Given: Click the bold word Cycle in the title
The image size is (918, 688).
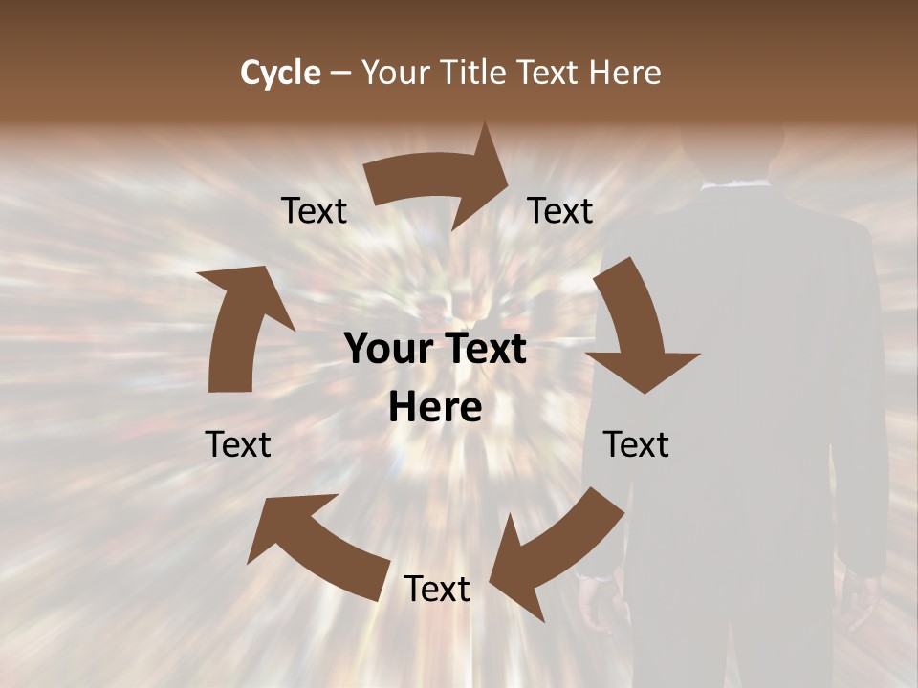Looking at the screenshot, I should pos(280,73).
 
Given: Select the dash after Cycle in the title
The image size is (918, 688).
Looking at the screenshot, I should pos(340,74).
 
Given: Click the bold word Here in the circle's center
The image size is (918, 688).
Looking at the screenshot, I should pos(435,407).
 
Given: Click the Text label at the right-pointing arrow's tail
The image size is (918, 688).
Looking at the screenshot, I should pos(314,211).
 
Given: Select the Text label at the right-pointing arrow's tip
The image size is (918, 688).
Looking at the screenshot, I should pos(560,211).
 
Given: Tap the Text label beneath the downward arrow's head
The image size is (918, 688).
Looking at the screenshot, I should pos(636,445).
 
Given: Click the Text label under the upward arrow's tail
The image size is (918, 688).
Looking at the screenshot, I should pos(238,445).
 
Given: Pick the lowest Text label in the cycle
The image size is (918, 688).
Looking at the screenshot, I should pos(437,590).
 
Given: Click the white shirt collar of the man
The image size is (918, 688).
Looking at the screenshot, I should pos(732,185).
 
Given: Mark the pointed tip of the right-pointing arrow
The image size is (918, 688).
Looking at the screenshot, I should pos(506,172).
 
